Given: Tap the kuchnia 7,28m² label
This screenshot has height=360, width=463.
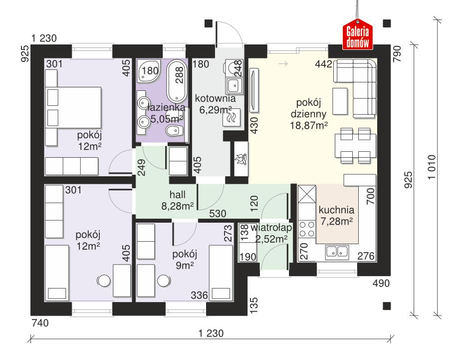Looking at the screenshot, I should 336,215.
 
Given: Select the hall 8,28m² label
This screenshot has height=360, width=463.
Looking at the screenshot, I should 177,200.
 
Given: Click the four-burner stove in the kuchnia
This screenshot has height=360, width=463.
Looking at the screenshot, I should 306,230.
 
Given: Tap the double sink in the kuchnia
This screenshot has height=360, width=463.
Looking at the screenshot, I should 336,252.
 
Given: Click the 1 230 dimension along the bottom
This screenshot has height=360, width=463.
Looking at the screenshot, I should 210,333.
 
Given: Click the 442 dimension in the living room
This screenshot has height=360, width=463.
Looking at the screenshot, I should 323,64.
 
